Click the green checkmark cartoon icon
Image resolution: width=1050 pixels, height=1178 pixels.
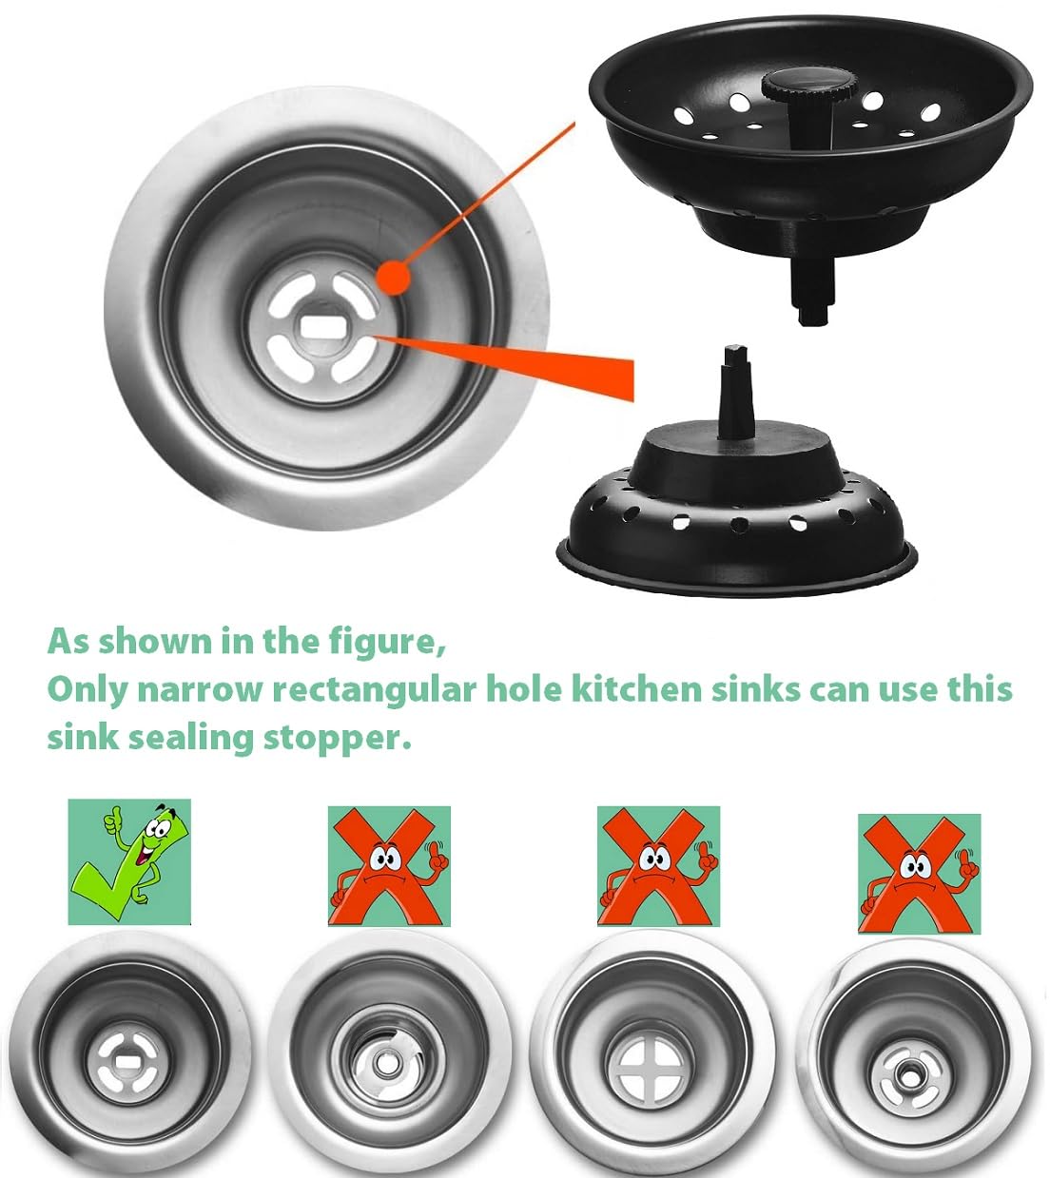pos(129,861)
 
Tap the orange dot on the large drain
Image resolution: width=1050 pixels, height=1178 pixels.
pos(393,278)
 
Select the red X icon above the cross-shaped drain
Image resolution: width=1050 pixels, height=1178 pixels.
pos(658,866)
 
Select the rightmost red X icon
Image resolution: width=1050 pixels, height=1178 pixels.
pos(920,874)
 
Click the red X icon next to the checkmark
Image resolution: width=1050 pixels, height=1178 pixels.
pos(389,866)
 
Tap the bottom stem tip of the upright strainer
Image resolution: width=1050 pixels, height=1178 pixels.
pos(812,316)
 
